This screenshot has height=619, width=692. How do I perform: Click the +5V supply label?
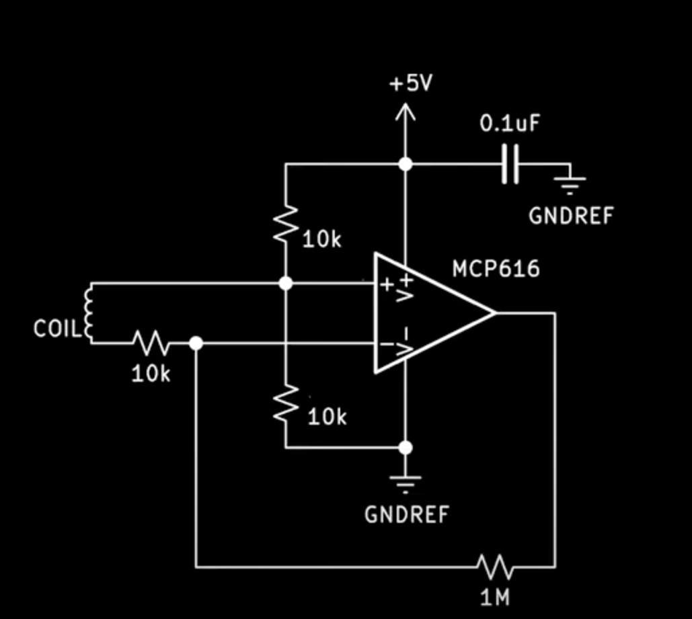tap(411, 85)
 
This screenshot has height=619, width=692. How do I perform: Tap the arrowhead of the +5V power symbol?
tap(405, 111)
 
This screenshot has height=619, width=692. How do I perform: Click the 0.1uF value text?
tap(510, 124)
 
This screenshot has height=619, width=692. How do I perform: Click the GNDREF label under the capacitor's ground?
tap(571, 216)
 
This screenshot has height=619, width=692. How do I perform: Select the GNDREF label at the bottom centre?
tap(406, 515)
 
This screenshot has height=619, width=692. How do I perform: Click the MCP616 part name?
tap(496, 270)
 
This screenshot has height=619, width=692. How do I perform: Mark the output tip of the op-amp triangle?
tap(495, 313)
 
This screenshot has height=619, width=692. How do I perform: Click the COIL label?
tap(56, 329)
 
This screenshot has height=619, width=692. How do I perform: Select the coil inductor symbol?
tap(87, 313)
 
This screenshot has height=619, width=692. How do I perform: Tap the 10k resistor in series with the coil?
tap(151, 343)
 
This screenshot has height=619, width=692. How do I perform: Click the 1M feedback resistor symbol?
tap(496, 567)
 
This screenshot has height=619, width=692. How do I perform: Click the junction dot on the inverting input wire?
tap(196, 343)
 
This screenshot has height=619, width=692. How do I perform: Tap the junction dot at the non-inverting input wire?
tap(286, 283)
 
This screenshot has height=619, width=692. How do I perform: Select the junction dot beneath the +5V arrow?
tap(405, 164)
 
